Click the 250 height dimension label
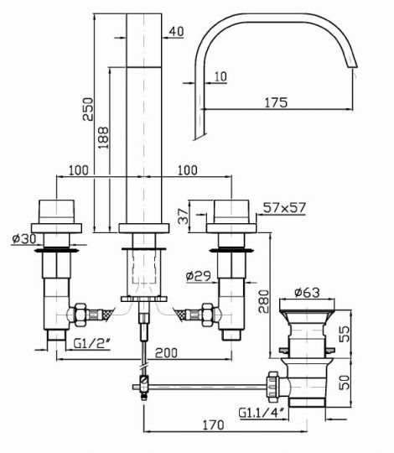click(88, 109)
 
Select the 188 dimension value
click(103, 138)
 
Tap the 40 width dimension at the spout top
click(176, 32)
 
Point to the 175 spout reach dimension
click(277, 102)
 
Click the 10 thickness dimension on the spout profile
click(220, 77)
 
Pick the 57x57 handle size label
click(284, 207)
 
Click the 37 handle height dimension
click(184, 216)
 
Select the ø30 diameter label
click(24, 238)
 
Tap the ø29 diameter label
click(199, 276)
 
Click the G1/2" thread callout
click(92, 343)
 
